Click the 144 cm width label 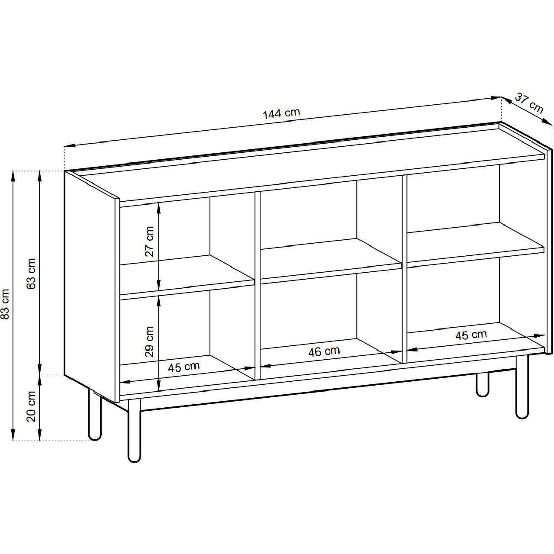coord(281,113)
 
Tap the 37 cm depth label coord(529,103)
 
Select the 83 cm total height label coord(6,304)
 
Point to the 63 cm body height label coord(31,274)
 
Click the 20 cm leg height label coord(31,406)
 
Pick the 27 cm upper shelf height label coord(149,242)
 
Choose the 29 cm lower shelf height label coord(149,342)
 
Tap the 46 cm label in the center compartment coord(324,351)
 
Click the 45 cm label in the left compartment coord(184,367)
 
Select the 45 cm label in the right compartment coord(471,335)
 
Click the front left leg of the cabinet coord(134,430)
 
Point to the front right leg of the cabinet coord(522,387)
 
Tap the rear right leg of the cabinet coord(483,385)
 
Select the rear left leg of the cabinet coord(95,414)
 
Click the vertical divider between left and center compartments coord(257,286)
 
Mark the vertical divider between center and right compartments coord(405,269)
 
